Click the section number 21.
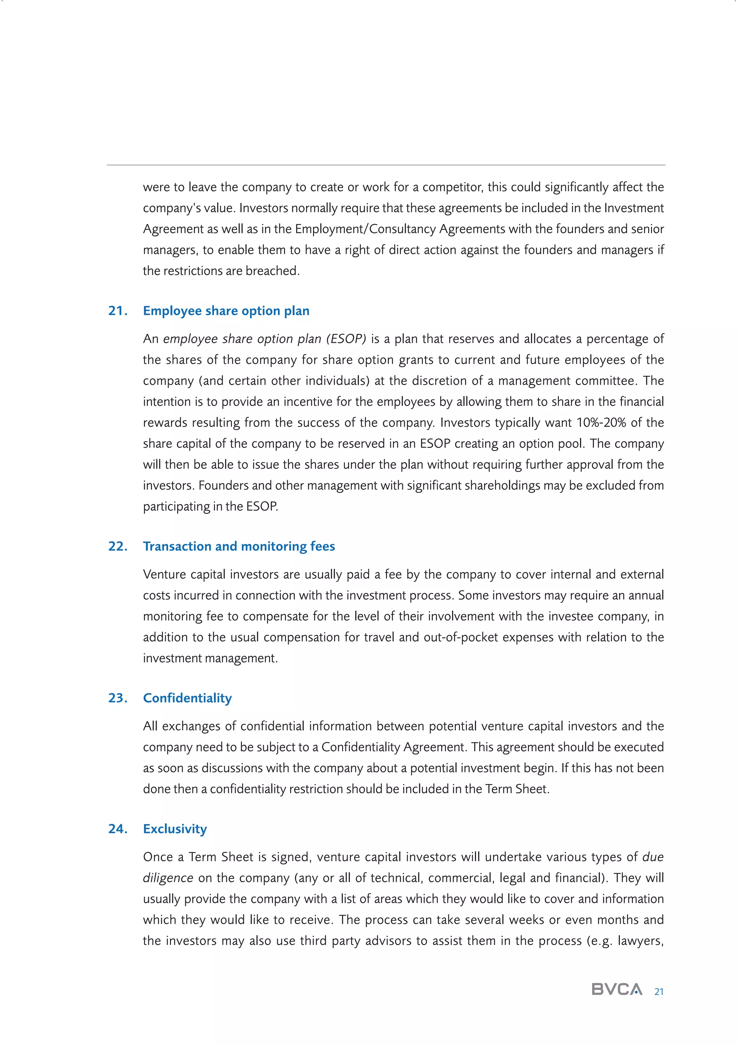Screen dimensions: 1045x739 click(117, 311)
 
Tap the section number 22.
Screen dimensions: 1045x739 click(117, 546)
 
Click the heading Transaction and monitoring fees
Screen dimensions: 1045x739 click(239, 546)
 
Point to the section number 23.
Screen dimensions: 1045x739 click(117, 698)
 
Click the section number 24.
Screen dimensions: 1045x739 click(117, 829)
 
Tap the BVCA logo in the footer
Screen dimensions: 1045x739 click(617, 989)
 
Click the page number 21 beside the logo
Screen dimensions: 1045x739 click(659, 992)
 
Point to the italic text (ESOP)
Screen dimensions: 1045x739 click(346, 339)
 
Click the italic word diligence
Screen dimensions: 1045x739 click(168, 878)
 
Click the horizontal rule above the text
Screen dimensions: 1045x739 click(386, 165)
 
